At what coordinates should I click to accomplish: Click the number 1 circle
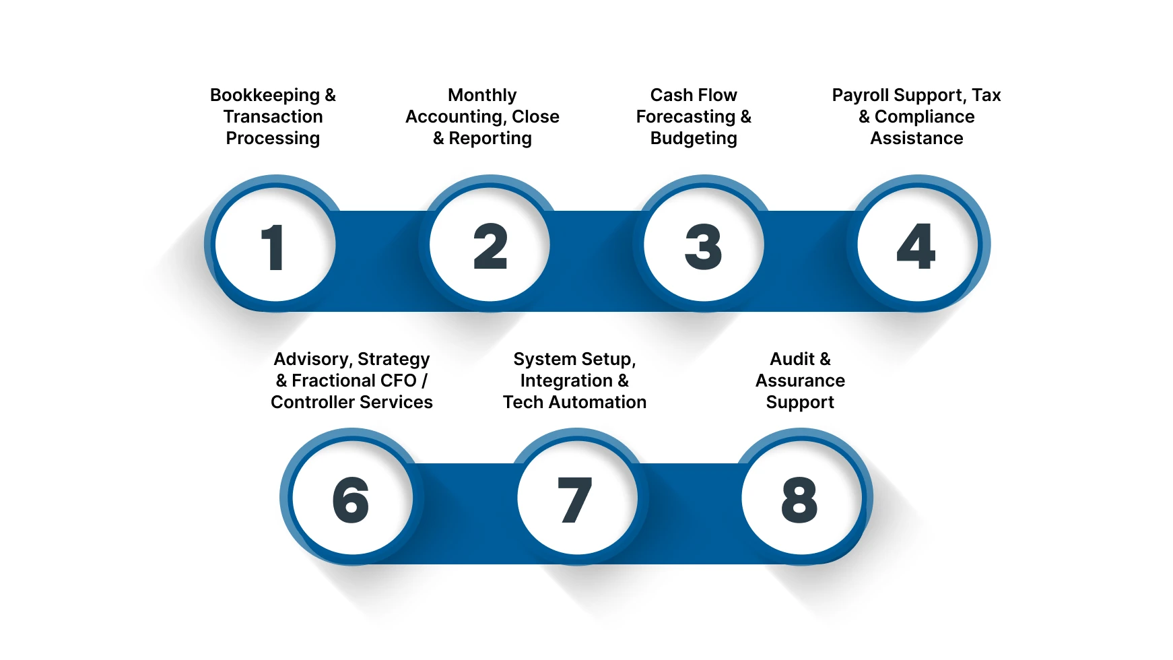(274, 245)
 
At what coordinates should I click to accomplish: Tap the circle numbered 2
(490, 245)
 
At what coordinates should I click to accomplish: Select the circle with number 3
(704, 245)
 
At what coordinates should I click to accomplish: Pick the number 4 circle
(917, 245)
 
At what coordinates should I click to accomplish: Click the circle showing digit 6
(352, 498)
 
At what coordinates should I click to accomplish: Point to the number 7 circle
(576, 498)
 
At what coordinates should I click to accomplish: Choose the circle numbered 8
(801, 498)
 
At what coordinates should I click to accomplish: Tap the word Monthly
(482, 95)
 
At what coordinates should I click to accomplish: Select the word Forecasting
(685, 117)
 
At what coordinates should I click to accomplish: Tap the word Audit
(792, 359)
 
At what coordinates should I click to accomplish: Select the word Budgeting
(694, 139)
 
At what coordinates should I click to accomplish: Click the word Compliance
(925, 117)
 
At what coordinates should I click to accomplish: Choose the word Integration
(566, 381)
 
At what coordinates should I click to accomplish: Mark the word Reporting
(490, 139)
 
